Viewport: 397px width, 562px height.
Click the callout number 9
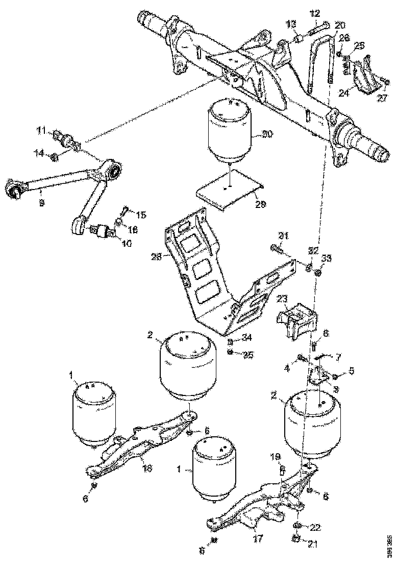(x=41, y=202)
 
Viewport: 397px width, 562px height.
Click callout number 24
(x=344, y=93)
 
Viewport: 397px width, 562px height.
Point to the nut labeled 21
(x=295, y=537)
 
